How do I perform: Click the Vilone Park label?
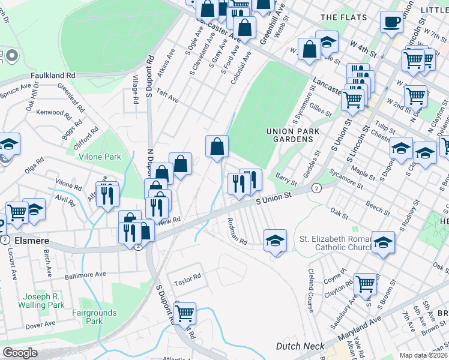point(100,157)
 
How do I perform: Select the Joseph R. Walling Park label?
point(44,301)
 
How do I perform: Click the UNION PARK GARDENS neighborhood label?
point(291,135)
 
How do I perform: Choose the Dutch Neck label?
point(300,346)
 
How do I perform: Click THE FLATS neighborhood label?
point(342,17)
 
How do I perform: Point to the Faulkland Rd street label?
point(54,76)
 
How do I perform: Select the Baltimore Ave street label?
point(85,275)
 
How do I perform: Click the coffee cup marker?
point(392,23)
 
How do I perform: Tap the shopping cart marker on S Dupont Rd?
point(185,312)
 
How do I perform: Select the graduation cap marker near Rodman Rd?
point(276,240)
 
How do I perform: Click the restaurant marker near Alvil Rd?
point(108,193)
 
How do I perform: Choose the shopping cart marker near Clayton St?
point(366,284)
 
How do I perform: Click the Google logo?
point(20,353)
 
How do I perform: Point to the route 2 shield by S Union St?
point(316,188)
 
